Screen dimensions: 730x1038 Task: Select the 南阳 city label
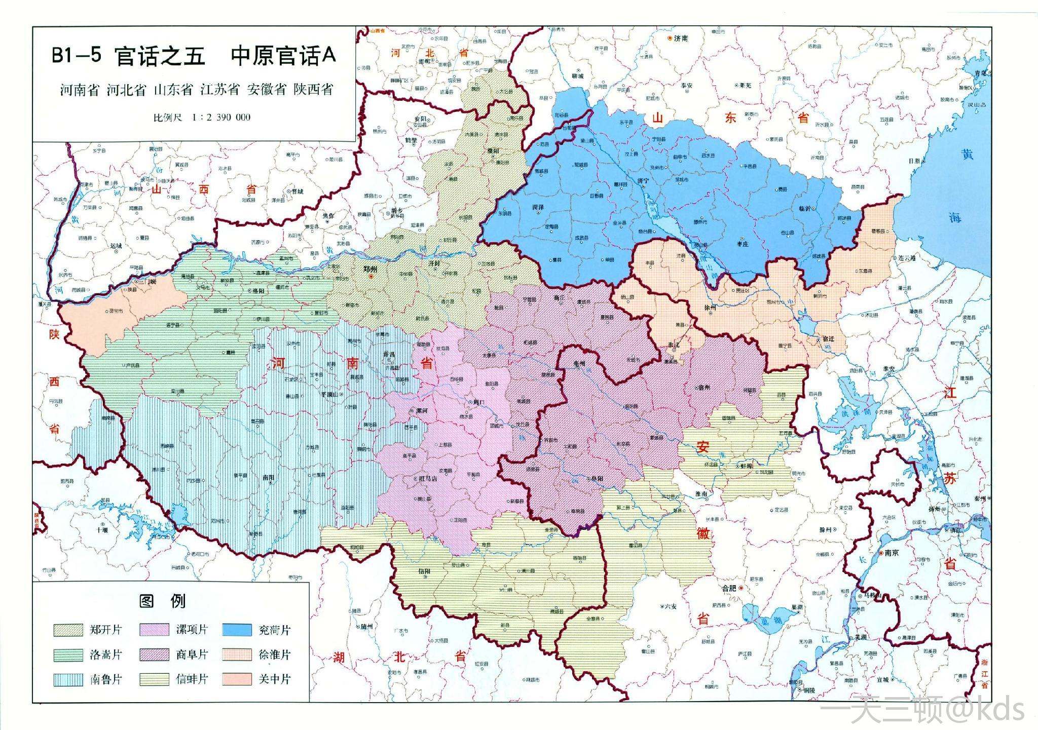(x=268, y=477)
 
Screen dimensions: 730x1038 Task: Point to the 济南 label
(x=681, y=38)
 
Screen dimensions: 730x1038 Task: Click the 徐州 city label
(x=710, y=308)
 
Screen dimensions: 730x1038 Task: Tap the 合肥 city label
(x=729, y=588)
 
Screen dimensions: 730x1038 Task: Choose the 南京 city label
(x=892, y=553)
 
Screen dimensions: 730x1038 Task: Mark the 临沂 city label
(x=805, y=208)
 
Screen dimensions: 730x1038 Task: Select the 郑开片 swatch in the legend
(x=68, y=630)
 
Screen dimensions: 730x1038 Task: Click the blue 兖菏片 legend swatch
(x=237, y=630)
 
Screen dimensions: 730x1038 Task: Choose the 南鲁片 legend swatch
(x=68, y=679)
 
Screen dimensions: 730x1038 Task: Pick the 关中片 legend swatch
(x=237, y=679)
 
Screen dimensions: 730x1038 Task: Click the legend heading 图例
(x=163, y=601)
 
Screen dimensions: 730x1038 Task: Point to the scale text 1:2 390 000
(x=221, y=117)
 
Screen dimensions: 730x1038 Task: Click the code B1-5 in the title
(x=77, y=55)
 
